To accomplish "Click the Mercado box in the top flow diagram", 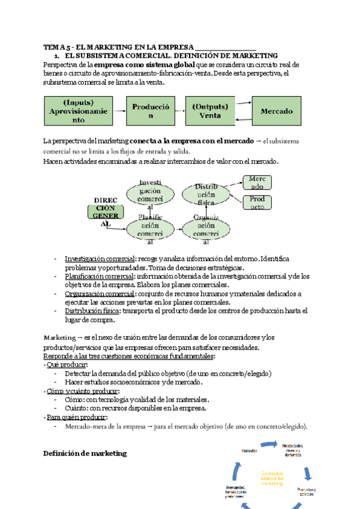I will tap(277, 111).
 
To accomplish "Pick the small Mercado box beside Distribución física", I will tap(257, 182).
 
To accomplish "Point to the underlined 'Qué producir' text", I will tap(67, 365).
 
